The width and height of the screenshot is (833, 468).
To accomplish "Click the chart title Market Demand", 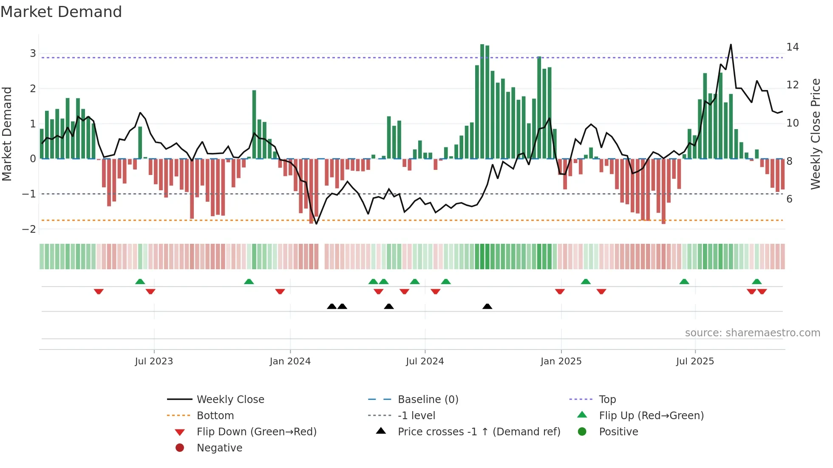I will point(61,12).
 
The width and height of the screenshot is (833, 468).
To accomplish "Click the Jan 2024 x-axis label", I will point(290,361).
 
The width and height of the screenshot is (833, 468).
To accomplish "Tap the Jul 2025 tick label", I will point(695,361).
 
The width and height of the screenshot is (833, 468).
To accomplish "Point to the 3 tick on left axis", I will point(33,54).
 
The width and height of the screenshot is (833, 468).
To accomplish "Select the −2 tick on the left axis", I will point(29,229).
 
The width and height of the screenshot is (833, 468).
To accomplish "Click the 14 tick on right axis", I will point(792,47).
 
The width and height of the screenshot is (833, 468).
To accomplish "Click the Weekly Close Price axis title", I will point(815,134).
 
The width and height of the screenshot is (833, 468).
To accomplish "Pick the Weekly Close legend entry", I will point(230,400).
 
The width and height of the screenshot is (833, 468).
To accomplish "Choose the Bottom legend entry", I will point(215,416).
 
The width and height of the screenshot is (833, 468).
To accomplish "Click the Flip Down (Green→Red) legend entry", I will point(256,432).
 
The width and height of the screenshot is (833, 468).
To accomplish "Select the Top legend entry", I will point(607,400).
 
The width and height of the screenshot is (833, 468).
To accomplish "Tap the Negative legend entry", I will point(219,448).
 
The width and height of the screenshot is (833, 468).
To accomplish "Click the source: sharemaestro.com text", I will point(752,333).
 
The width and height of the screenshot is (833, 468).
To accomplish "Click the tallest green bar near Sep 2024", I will point(482,102).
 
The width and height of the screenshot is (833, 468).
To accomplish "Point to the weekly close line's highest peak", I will point(731,45).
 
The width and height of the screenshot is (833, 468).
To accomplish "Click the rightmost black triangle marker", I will point(487,306).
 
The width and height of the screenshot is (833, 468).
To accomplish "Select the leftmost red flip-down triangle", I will point(99,291).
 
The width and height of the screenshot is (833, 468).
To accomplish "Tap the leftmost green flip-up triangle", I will point(140,281).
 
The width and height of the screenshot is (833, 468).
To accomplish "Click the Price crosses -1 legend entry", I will point(479,432).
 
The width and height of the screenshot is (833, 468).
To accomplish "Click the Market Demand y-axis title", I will point(7,134).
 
